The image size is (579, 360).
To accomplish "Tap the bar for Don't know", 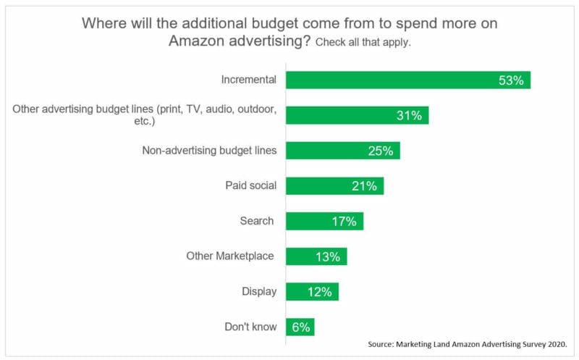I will tap(300, 327).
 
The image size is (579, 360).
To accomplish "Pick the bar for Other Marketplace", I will tap(316, 256).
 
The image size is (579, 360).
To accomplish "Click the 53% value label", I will tap(511, 80).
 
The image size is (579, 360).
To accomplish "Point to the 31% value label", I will tap(410, 115).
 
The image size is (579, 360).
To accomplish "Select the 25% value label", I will tap(380, 151).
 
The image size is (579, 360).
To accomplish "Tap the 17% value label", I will tap(344, 221).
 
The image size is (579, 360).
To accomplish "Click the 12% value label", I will tap(319, 292).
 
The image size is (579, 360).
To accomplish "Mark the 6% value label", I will tap(300, 327).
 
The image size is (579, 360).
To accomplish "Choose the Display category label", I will tap(259, 292).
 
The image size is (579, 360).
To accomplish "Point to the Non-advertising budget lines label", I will tap(209, 151).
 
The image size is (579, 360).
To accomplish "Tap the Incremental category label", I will tap(248, 80).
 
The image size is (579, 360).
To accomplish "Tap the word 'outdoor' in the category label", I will tap(255, 109).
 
